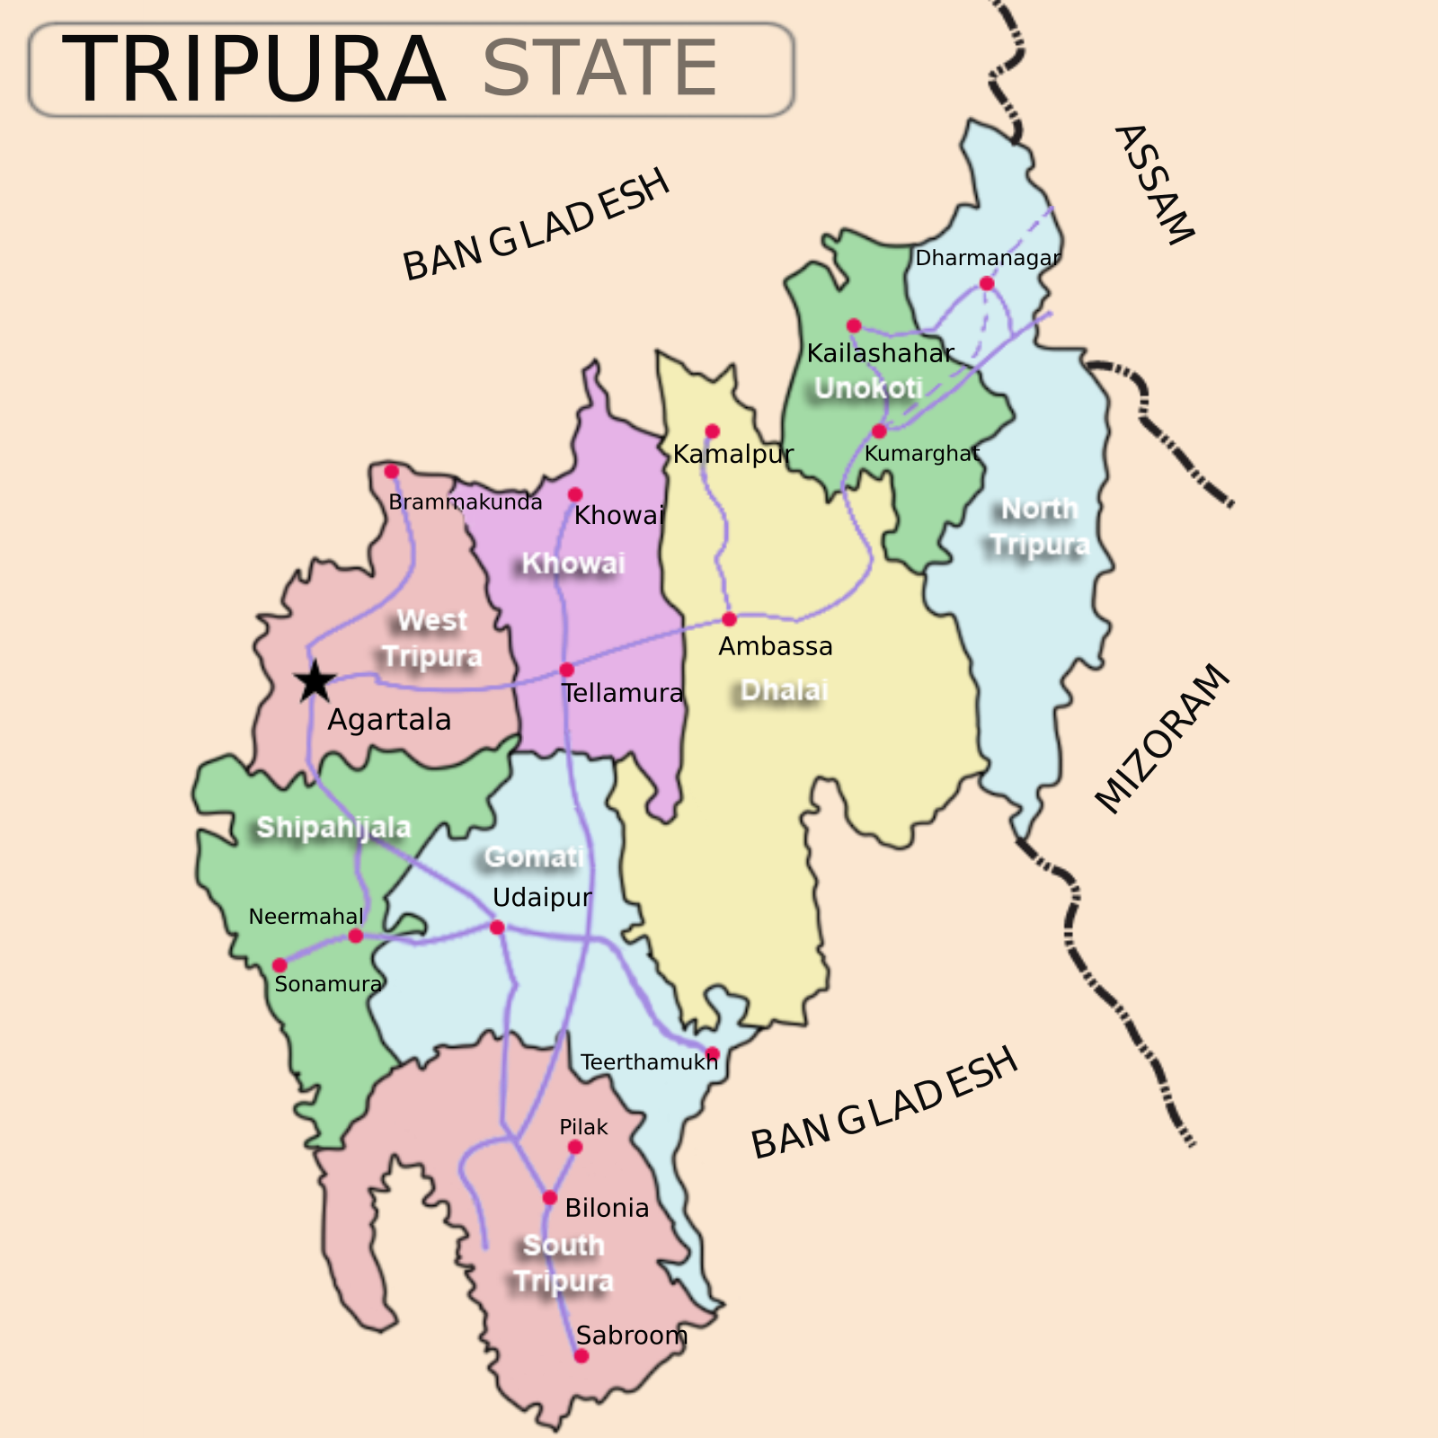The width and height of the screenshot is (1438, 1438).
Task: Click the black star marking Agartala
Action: click(315, 681)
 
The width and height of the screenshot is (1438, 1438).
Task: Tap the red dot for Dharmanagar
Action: click(987, 284)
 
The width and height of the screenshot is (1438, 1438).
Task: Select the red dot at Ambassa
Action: click(729, 619)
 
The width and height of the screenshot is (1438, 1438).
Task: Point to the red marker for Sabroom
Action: click(581, 1356)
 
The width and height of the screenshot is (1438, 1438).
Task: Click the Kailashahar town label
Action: click(880, 353)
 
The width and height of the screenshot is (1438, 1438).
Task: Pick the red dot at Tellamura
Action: click(566, 670)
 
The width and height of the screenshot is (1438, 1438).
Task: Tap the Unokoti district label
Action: click(868, 388)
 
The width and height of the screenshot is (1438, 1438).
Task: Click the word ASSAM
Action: click(1155, 184)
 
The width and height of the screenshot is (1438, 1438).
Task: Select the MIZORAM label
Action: click(1162, 739)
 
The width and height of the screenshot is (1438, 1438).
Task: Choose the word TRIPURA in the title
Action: click(253, 69)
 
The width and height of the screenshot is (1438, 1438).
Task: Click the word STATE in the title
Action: click(599, 69)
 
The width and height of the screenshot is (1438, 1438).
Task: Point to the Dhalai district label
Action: click(784, 690)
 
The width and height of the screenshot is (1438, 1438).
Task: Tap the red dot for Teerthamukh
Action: click(713, 1053)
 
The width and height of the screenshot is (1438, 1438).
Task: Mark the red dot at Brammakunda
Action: click(392, 472)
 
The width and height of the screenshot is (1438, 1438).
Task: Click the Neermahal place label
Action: click(306, 917)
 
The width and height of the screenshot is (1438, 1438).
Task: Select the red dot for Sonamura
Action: click(280, 966)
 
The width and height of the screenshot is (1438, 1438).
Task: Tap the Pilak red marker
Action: click(575, 1147)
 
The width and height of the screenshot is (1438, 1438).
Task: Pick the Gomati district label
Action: click(534, 857)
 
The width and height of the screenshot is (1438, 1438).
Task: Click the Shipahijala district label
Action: click(333, 827)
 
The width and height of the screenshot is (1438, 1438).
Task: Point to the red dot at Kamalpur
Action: click(712, 431)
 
